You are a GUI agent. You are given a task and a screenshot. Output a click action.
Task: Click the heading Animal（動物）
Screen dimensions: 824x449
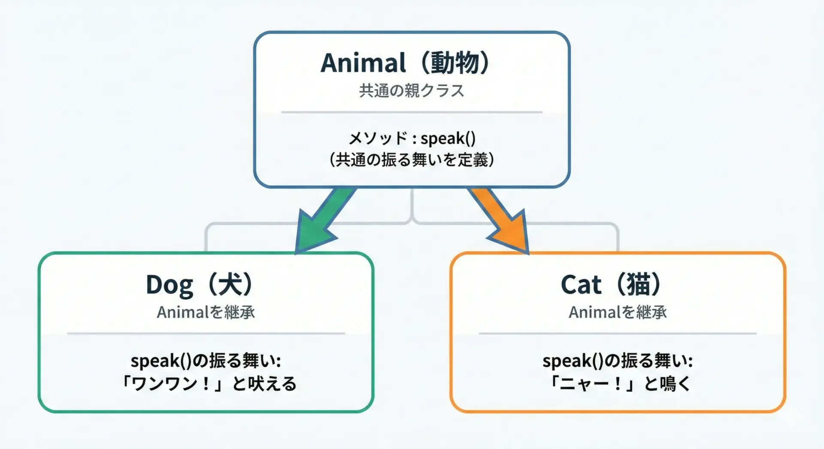coord(405,63)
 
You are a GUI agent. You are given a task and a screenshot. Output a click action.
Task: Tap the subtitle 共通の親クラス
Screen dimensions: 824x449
coord(412,90)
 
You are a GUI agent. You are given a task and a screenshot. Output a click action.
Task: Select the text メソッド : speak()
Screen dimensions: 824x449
coord(412,138)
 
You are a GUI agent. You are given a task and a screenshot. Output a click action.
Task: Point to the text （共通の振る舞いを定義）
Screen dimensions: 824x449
coord(412,160)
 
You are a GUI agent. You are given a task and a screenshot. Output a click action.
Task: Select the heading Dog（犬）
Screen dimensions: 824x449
coord(200,285)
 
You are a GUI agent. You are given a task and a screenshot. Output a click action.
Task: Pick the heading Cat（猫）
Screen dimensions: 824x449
coord(611,284)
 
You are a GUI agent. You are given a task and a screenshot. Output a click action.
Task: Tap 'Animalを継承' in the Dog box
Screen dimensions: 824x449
coord(206,312)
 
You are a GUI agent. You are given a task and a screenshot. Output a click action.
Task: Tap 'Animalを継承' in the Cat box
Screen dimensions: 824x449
coord(618,312)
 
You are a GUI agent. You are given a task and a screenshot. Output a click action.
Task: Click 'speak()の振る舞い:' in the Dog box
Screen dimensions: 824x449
coord(206,361)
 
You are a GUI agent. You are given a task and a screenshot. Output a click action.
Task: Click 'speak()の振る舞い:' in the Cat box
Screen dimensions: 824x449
coord(618,361)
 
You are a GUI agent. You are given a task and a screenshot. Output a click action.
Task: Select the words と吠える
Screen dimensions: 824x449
coord(264,383)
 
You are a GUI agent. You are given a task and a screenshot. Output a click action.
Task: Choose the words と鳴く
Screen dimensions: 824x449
coord(667,383)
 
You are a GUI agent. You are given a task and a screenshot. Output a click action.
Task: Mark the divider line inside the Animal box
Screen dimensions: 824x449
coord(412,112)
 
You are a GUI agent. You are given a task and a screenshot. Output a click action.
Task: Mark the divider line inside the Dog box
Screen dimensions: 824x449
coord(206,333)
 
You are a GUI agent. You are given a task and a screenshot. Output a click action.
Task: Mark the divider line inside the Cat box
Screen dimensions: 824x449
coord(618,333)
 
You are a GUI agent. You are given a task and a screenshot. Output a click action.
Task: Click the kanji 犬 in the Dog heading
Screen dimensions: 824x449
coord(231,284)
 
